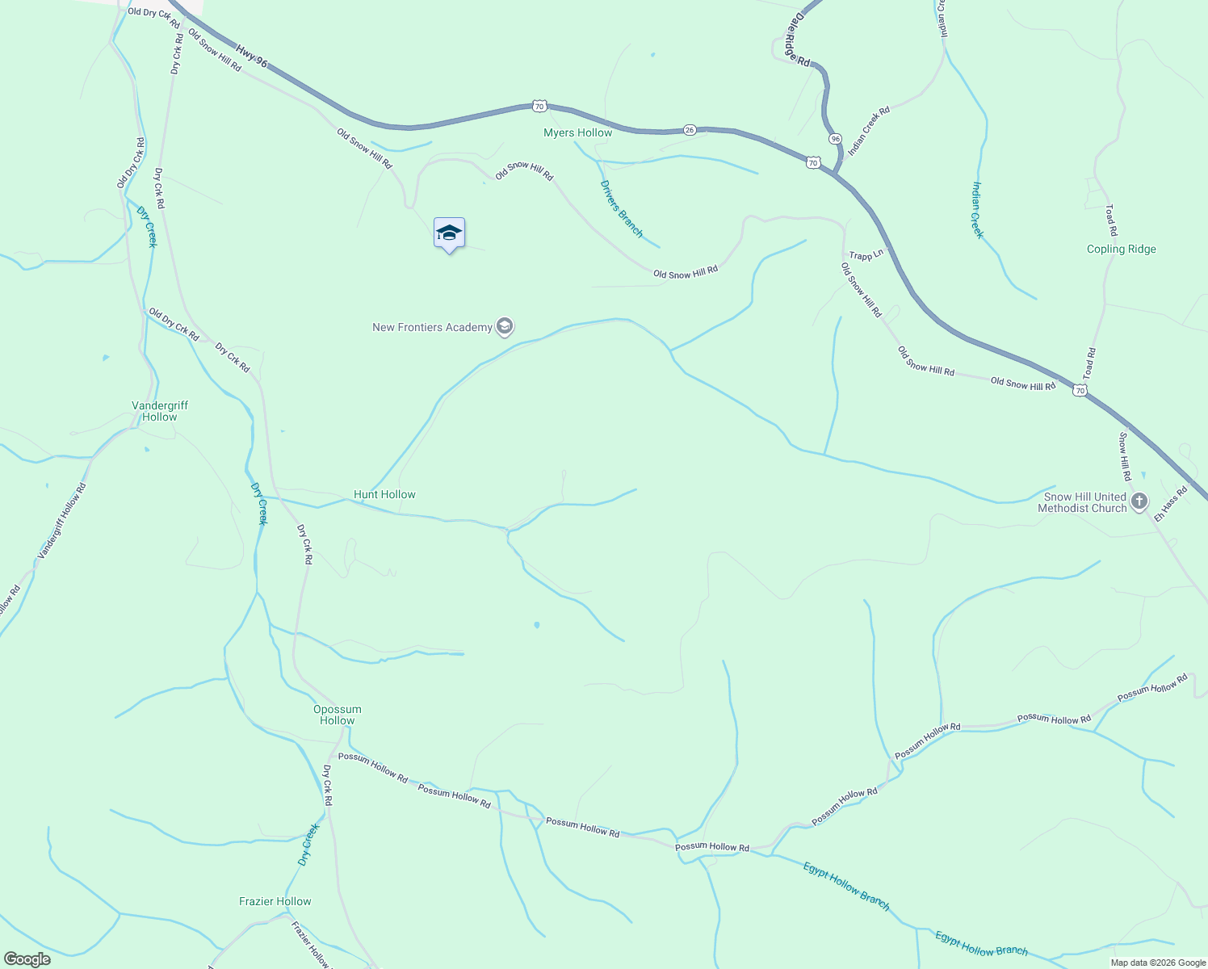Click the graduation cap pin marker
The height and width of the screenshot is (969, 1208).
449,234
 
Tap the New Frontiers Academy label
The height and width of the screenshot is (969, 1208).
432,327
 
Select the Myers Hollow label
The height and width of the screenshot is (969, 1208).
577,132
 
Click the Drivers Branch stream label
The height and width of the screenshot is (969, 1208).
621,208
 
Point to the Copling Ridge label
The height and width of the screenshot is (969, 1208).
1121,249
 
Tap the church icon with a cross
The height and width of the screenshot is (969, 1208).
1139,502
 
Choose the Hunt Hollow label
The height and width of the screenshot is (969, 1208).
384,494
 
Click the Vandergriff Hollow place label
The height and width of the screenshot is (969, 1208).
159,411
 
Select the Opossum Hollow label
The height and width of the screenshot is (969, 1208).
337,715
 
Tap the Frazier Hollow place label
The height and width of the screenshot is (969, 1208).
275,901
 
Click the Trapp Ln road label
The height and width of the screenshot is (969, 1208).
866,255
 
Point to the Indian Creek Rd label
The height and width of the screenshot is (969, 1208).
869,131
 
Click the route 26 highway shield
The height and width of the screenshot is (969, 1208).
689,129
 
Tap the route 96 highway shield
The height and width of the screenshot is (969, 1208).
835,139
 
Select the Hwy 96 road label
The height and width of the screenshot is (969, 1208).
251,57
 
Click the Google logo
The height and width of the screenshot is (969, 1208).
27,959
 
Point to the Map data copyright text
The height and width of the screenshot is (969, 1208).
1158,963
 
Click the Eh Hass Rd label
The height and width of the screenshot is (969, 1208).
1170,504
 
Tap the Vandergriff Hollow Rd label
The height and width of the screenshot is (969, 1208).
61,522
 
